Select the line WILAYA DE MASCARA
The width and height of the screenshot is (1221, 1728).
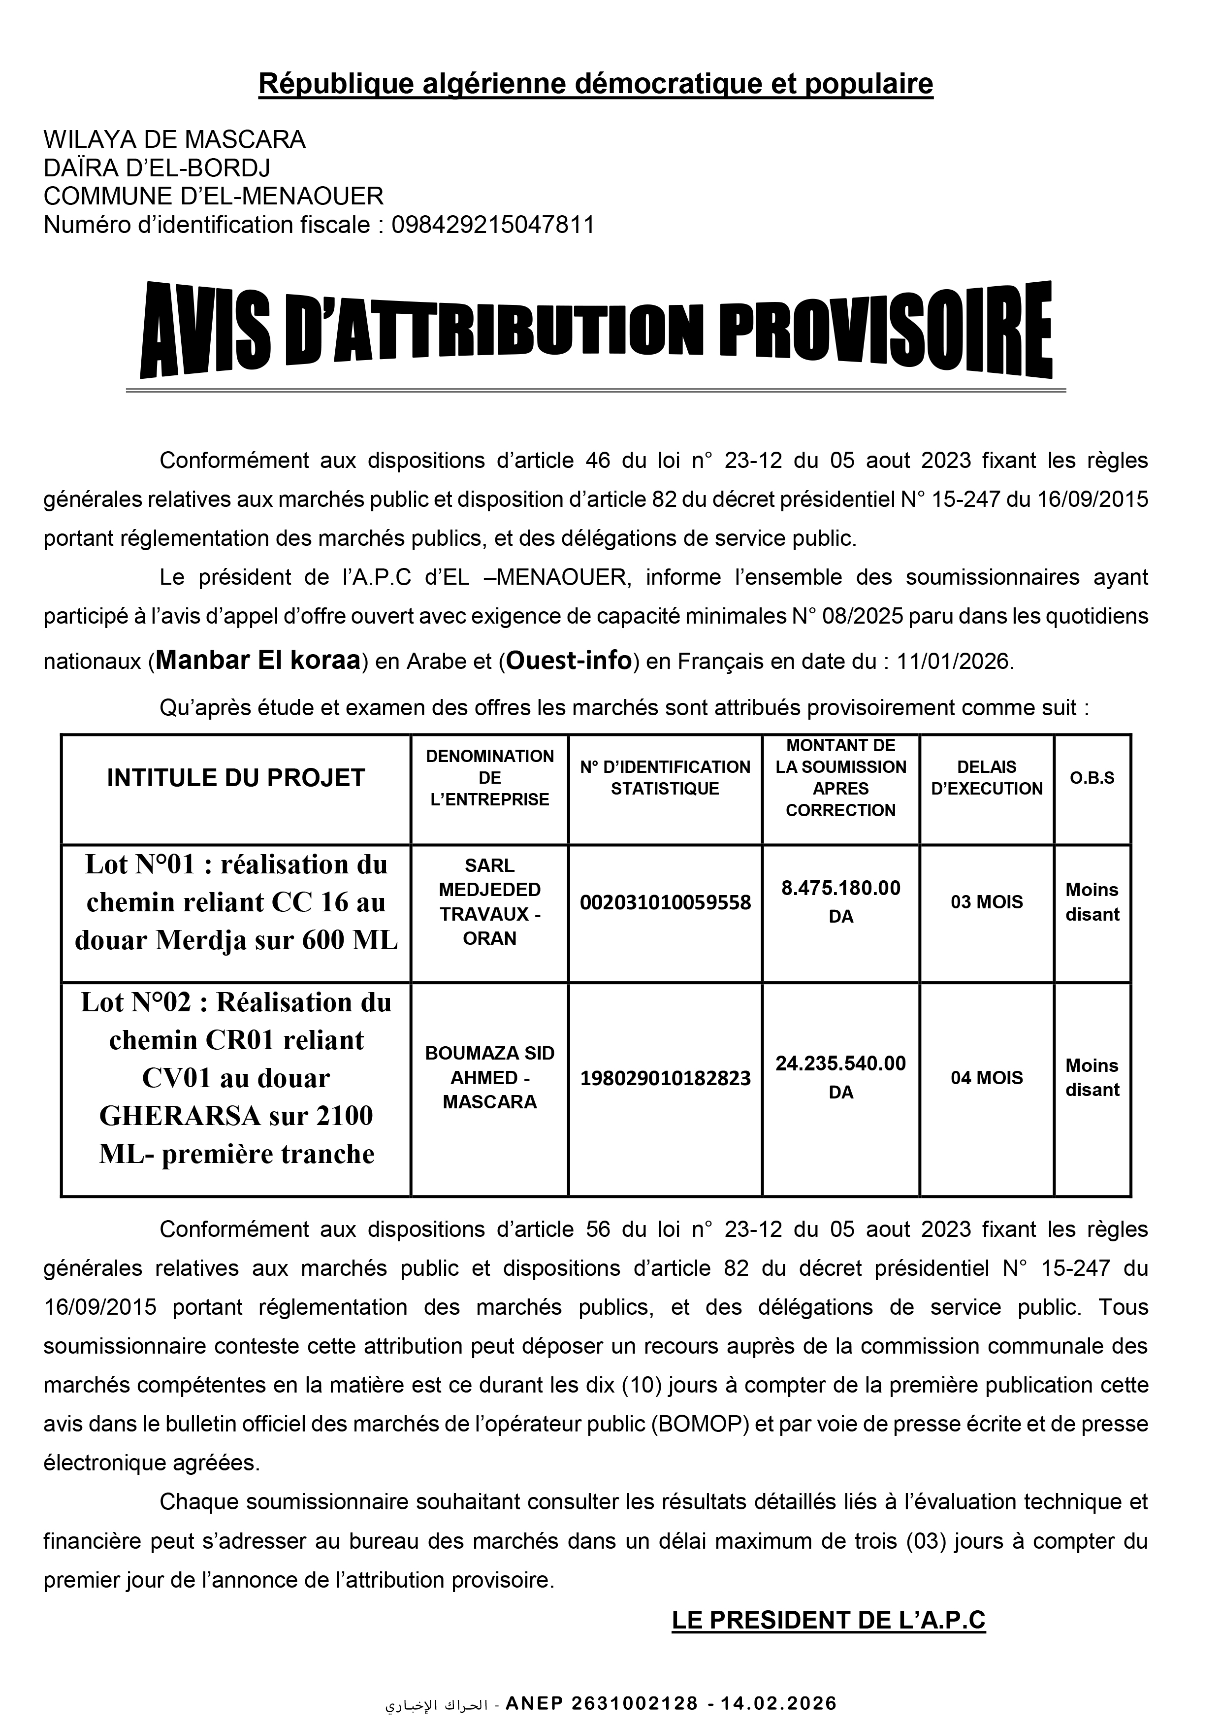tap(175, 139)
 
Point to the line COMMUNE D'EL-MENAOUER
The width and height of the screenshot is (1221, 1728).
tap(214, 197)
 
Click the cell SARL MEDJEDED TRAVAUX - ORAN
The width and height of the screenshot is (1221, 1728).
tap(490, 901)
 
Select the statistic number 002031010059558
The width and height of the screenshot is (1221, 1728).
tap(665, 902)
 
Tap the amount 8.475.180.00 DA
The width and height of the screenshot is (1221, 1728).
tap(840, 901)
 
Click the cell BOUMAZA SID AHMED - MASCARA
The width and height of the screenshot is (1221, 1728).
tap(490, 1078)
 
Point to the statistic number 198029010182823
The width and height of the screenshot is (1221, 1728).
tap(665, 1078)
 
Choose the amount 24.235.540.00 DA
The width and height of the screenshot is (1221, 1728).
tap(840, 1077)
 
